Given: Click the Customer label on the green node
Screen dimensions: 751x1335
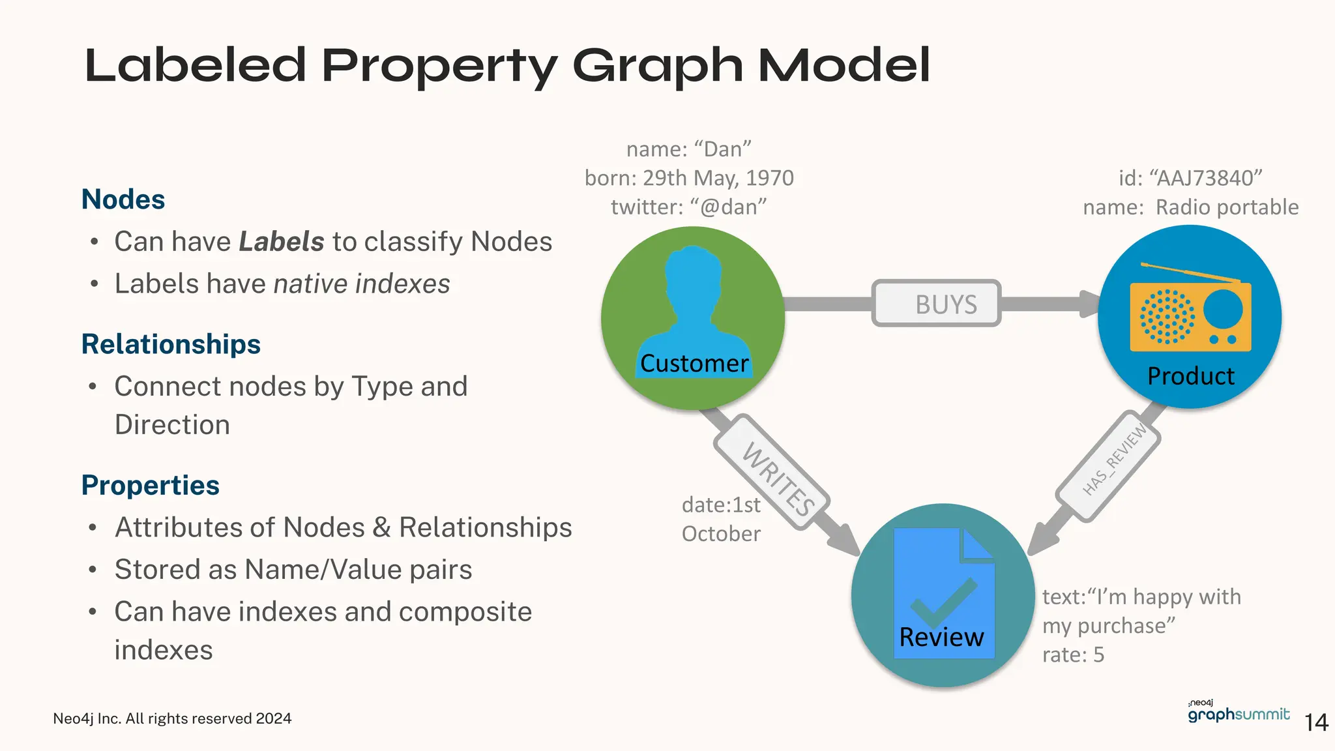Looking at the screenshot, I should tap(694, 364).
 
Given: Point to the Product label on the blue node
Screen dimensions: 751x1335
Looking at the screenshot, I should tap(1190, 376).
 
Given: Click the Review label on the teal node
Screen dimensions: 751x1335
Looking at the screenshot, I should tap(941, 637).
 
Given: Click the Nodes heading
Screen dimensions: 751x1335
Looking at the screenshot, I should tap(123, 199).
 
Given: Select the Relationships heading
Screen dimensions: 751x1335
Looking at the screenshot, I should tap(171, 344).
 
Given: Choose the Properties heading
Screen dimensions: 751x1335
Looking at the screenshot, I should tap(151, 486).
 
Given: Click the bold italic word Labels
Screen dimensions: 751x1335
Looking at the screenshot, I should tap(282, 242).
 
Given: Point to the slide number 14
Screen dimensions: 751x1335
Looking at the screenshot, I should tap(1316, 722).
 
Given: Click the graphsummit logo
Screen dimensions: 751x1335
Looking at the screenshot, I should tap(1238, 713).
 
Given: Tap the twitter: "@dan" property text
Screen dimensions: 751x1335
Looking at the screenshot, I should tap(688, 207).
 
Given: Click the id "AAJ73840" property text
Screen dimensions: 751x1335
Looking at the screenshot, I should tap(1190, 178).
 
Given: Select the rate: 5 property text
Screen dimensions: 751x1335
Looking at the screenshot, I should tap(1073, 655).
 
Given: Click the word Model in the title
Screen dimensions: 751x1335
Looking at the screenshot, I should tap(844, 66).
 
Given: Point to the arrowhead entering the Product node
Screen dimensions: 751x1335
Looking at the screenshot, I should tap(1089, 304).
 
